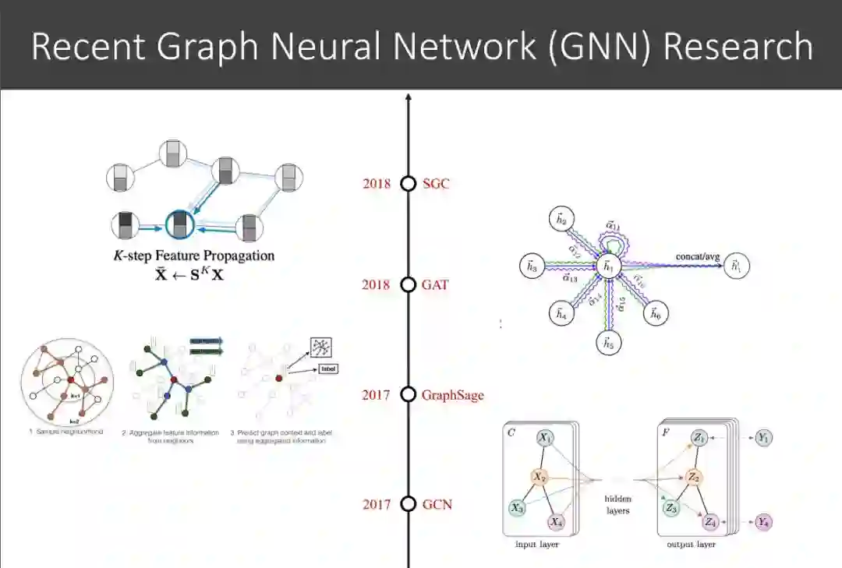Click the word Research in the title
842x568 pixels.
pyautogui.click(x=738, y=46)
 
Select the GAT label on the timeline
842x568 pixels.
pyautogui.click(x=435, y=285)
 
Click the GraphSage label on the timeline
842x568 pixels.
pyautogui.click(x=453, y=395)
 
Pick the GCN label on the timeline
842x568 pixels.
pyautogui.click(x=437, y=504)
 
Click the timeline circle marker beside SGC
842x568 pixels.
pyautogui.click(x=408, y=184)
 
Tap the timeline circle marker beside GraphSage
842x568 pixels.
pyautogui.click(x=408, y=395)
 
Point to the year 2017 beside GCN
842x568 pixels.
pyautogui.click(x=377, y=504)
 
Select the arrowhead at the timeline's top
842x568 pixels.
pyautogui.click(x=408, y=99)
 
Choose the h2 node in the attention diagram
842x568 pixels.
pyautogui.click(x=560, y=220)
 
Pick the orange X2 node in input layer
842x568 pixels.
pyautogui.click(x=539, y=476)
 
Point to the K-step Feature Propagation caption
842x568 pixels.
pyautogui.click(x=194, y=255)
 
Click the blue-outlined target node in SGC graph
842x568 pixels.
pyautogui.click(x=181, y=226)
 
